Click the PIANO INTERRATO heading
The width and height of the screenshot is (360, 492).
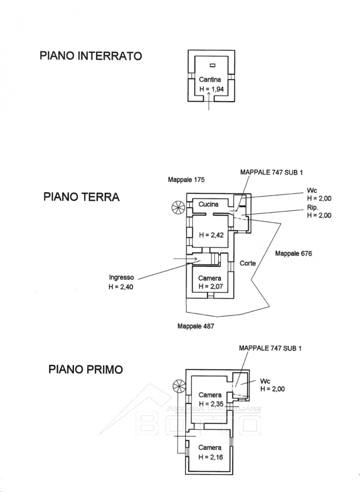coord(91,56)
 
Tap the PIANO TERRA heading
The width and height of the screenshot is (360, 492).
coord(82,197)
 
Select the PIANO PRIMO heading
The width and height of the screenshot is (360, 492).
coord(86,369)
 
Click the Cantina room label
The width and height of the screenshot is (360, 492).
coord(210,80)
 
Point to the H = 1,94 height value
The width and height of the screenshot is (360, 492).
coord(212,89)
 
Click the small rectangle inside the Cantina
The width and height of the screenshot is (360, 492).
coord(212,65)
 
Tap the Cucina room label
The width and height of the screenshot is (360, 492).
coord(208,204)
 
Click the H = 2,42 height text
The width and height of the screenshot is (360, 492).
coord(211,235)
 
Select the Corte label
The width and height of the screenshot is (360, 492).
coord(248,263)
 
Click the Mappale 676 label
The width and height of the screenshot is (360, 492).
coord(293,254)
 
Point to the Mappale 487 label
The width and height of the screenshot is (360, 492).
coord(196,332)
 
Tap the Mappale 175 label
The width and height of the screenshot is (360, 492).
coord(186,180)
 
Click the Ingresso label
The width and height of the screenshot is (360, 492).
coord(121,278)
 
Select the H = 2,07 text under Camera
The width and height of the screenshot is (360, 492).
coord(211,286)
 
